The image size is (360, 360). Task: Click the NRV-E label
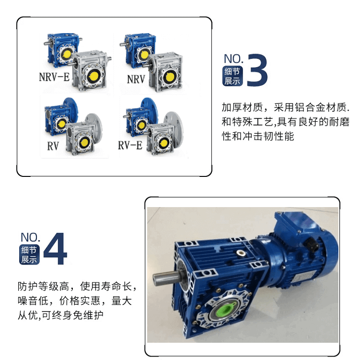54,77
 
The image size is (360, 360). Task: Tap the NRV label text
136,80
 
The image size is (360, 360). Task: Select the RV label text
53,146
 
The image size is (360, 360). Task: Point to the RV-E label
130,145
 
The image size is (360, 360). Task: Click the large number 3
257,70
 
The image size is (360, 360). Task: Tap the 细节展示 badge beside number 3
232,76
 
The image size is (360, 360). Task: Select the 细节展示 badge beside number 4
29,255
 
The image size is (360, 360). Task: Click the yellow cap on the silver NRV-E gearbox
93,76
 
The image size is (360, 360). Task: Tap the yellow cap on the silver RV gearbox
84,142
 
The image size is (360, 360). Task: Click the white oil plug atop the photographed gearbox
241,254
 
